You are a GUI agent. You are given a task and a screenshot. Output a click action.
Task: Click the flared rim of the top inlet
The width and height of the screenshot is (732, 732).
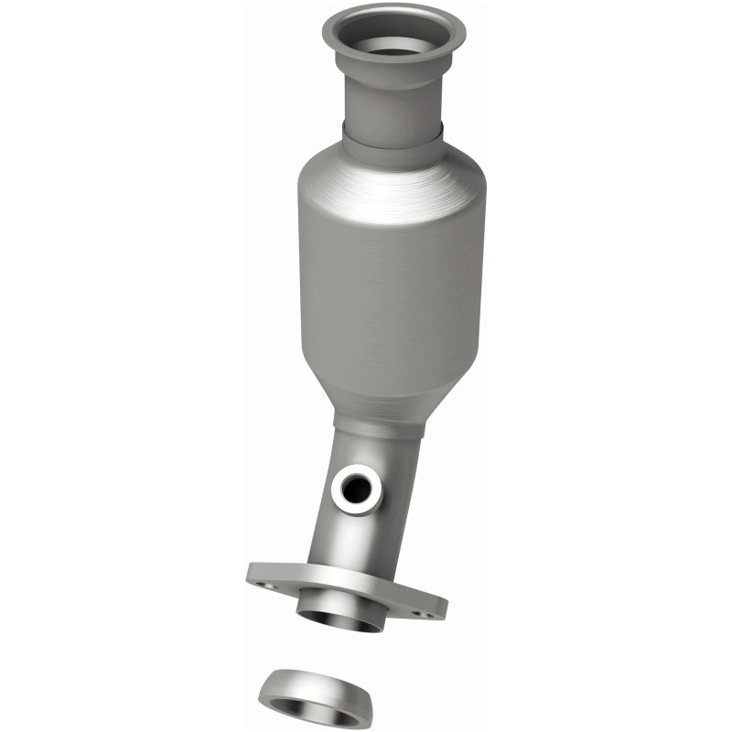point(340,27)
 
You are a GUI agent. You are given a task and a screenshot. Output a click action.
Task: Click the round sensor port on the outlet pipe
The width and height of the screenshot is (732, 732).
point(356,490)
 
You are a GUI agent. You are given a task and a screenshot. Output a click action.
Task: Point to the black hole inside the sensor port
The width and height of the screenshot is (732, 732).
point(357,491)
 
